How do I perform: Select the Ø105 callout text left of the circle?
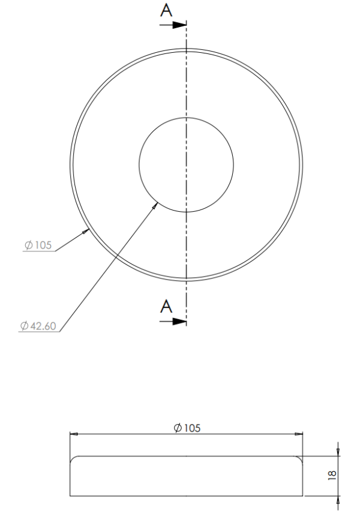point(38,244)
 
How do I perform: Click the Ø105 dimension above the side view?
point(187,427)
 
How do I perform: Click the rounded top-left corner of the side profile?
point(73,458)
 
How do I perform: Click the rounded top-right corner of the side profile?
point(300,458)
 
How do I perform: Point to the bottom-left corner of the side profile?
point(70,496)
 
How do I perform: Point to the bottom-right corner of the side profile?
point(302,496)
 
